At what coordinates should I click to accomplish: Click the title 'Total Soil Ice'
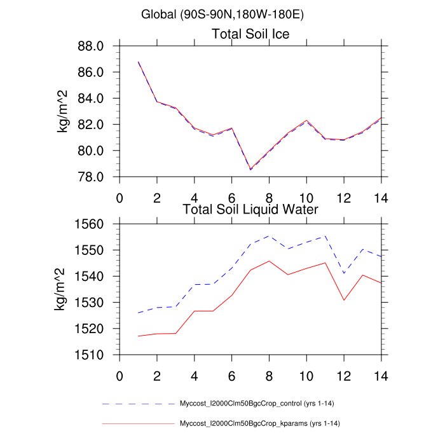click(x=250, y=34)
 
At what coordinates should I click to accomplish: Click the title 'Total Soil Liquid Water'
click(x=250, y=209)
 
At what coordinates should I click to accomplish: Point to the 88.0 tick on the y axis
click(x=91, y=46)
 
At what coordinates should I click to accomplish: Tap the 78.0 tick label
click(x=91, y=177)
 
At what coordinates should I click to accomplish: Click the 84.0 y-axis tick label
click(x=91, y=99)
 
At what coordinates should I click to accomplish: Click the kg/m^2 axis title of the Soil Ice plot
click(x=64, y=111)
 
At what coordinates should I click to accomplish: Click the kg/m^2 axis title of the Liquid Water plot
click(x=64, y=289)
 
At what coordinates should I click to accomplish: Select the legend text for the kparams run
click(x=264, y=423)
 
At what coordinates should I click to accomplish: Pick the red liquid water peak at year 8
click(x=270, y=261)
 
